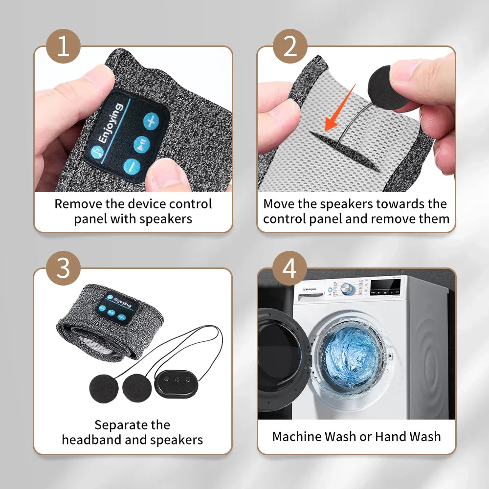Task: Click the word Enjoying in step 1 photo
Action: click(x=111, y=124)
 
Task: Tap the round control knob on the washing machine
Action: click(x=348, y=289)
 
